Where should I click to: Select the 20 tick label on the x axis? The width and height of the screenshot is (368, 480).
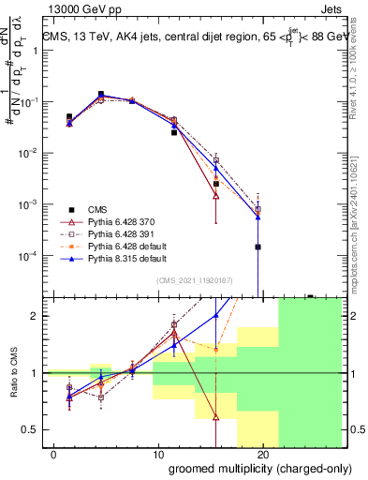point(263,455)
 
